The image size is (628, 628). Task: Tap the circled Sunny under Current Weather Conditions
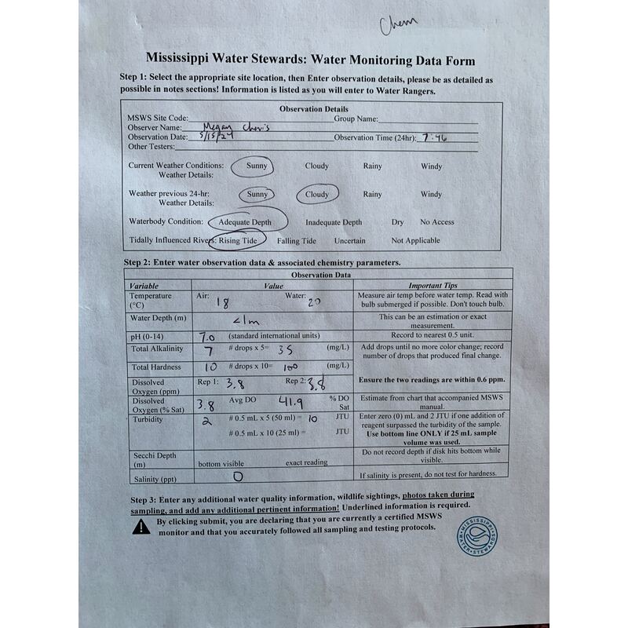256,166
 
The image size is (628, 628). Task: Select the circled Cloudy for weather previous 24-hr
317,194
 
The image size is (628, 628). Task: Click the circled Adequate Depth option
245,222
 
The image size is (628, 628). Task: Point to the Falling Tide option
297,241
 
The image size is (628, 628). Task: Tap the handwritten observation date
217,137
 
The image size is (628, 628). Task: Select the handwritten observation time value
434,137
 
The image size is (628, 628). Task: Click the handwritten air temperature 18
222,301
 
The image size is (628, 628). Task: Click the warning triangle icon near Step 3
141,527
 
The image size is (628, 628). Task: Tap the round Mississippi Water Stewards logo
478,535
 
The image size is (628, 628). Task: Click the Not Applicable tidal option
415,241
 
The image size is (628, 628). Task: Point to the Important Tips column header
433,286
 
